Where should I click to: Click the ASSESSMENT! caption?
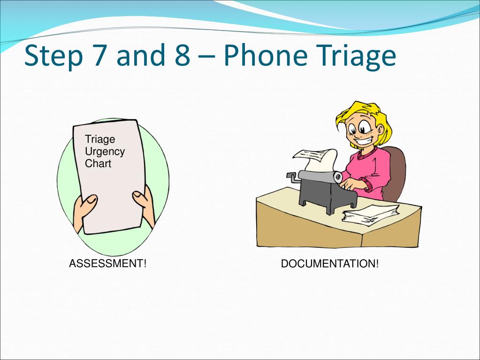(108, 263)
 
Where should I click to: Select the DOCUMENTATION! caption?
(329, 264)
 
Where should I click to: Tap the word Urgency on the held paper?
(105, 152)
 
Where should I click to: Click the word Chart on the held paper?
(98, 164)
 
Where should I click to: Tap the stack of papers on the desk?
(364, 215)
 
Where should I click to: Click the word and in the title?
(138, 56)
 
